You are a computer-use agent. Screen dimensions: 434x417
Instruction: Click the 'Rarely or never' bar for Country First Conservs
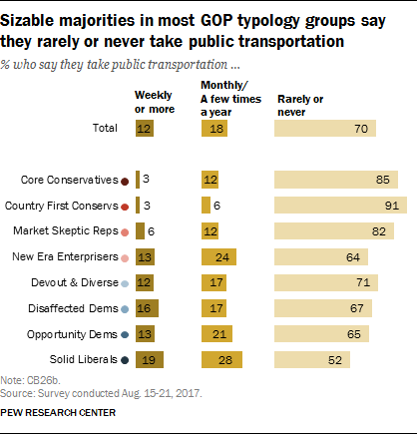(340, 205)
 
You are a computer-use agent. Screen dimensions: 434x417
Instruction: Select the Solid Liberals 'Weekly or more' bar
(150, 358)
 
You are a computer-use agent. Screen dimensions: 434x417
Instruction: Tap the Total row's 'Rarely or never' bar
(325, 128)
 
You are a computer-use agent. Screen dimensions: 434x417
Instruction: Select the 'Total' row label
(104, 129)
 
